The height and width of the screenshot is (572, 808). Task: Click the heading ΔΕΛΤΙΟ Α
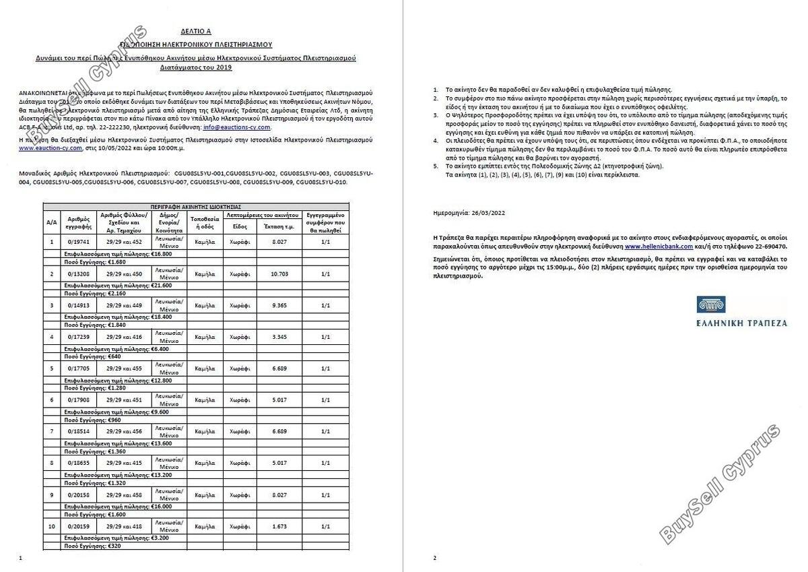point(196,31)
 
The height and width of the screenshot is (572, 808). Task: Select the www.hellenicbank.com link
point(659,247)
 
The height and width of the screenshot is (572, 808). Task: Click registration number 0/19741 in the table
point(79,242)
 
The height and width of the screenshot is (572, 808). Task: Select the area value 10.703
point(279,274)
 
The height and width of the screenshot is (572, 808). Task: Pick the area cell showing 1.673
point(279,526)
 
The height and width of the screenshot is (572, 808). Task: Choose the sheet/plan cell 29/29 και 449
point(124,306)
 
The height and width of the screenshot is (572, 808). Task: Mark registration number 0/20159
point(79,526)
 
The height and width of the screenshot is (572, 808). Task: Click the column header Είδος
point(240,226)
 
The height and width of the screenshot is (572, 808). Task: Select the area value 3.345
point(279,337)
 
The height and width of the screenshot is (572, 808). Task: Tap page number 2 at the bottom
point(435,557)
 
